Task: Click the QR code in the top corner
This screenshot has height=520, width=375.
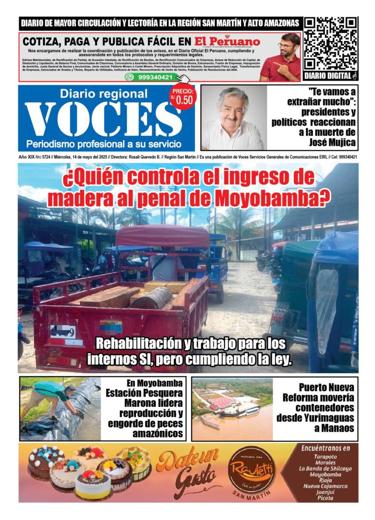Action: (330, 44)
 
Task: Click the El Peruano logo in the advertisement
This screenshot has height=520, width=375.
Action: (227, 41)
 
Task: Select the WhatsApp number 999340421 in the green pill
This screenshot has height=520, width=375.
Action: (155, 77)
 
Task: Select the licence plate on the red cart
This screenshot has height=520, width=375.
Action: (63, 332)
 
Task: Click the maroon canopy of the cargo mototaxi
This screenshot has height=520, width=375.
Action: (163, 236)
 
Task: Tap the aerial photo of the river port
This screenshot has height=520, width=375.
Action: (232, 409)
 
